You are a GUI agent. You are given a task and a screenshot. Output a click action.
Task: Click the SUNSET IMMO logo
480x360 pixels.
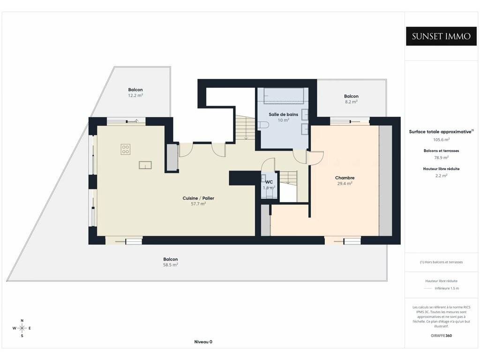click(x=441, y=36)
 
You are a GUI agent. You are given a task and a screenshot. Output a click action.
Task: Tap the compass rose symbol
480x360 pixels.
click(x=22, y=328)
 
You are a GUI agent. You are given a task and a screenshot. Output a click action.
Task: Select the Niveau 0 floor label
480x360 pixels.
click(x=203, y=342)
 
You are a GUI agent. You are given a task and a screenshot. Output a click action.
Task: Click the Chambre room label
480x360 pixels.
click(x=345, y=178)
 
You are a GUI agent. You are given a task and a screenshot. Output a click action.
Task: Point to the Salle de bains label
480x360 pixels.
click(x=284, y=114)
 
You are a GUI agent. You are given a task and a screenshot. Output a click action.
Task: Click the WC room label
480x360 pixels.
click(x=269, y=182)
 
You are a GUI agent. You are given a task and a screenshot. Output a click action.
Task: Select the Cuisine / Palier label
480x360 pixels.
click(x=198, y=198)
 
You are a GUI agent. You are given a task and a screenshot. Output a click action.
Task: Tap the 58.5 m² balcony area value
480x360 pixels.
click(x=171, y=265)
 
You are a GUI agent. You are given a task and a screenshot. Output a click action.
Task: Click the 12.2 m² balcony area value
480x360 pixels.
click(x=135, y=95)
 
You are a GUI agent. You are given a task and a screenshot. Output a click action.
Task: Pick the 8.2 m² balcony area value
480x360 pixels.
click(x=351, y=102)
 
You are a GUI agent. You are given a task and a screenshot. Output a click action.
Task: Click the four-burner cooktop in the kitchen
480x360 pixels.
click(x=126, y=149)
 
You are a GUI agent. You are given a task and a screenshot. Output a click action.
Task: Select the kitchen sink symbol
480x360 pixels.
click(x=145, y=165)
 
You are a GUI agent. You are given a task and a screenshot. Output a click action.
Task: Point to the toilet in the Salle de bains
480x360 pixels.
click(x=263, y=125)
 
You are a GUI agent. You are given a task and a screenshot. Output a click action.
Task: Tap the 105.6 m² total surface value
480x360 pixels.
click(x=441, y=140)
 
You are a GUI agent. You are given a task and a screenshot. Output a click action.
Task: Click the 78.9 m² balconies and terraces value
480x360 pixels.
click(x=441, y=157)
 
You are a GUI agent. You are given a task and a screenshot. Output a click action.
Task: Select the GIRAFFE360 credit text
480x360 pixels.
click(x=441, y=336)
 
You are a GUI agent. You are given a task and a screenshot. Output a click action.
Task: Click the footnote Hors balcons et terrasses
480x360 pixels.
click(x=441, y=262)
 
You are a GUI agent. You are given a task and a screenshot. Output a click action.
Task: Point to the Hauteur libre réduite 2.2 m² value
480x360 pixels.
click(x=441, y=176)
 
